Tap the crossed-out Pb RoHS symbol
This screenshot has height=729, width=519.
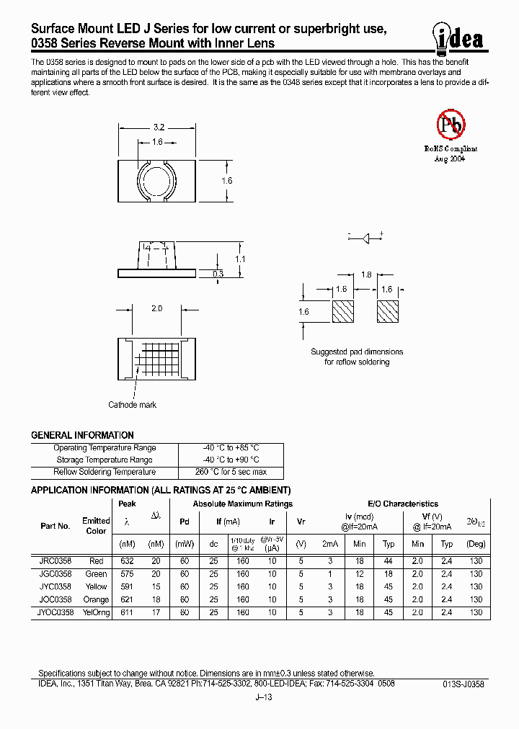[x=451, y=126]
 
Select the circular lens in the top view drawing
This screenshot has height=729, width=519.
[x=156, y=179]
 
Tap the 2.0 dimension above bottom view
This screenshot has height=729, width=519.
[x=156, y=308]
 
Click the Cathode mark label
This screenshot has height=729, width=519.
[x=132, y=405]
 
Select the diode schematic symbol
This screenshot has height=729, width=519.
[x=365, y=236]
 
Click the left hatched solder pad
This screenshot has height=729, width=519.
[x=342, y=311]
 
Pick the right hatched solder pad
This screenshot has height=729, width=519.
[x=388, y=311]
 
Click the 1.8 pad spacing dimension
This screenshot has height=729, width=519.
[x=365, y=274]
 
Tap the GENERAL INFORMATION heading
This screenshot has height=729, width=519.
[x=82, y=435]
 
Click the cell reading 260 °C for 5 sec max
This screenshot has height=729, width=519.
[x=230, y=472]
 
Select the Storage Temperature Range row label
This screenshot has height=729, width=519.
[x=104, y=460]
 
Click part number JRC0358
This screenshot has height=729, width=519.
[x=55, y=561]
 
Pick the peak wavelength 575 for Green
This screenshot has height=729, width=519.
[x=126, y=574]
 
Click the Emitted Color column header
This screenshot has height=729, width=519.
[x=96, y=526]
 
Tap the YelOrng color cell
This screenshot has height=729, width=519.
[x=96, y=612]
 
